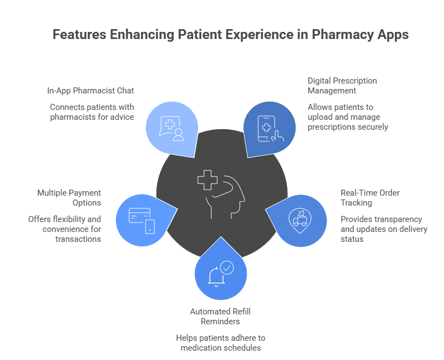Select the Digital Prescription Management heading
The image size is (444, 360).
click(x=342, y=85)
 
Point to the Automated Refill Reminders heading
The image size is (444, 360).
click(x=220, y=316)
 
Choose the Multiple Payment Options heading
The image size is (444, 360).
click(x=69, y=198)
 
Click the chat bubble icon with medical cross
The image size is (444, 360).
click(x=171, y=128)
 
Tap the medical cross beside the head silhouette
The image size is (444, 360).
click(x=208, y=180)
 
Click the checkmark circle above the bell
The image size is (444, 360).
click(x=226, y=268)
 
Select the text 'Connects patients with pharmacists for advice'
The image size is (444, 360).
click(x=92, y=112)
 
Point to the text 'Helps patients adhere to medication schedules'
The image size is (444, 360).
click(x=220, y=343)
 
